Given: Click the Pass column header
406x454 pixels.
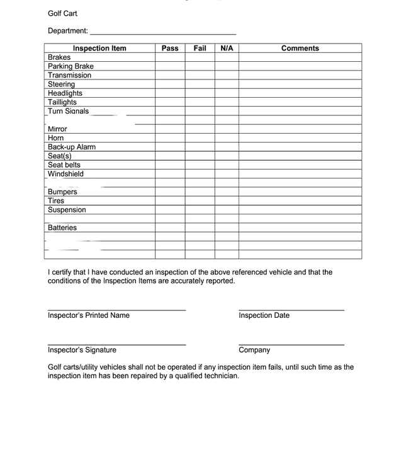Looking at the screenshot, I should pyautogui.click(x=170, y=48).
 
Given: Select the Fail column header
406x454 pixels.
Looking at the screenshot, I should pyautogui.click(x=200, y=48).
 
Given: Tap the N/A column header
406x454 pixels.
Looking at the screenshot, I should pyautogui.click(x=227, y=48).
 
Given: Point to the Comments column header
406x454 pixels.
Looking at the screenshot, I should pyautogui.click(x=300, y=48).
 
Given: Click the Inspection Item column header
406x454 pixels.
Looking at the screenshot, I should pyautogui.click(x=99, y=48).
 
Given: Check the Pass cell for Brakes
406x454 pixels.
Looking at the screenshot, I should pyautogui.click(x=170, y=57).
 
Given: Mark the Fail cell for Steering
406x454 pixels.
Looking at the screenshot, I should pyautogui.click(x=200, y=84).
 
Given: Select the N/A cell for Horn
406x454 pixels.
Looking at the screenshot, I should pyautogui.click(x=227, y=138).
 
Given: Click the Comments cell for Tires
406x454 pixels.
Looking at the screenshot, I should pyautogui.click(x=300, y=201).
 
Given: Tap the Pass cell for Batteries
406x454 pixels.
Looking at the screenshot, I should pyautogui.click(x=170, y=228).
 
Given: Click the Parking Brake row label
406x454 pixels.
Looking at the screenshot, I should pyautogui.click(x=70, y=66).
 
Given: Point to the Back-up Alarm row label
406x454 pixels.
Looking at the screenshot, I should pyautogui.click(x=72, y=147).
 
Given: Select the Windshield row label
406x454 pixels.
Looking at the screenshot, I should pyautogui.click(x=65, y=174).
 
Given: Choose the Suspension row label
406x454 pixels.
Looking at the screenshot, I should pyautogui.click(x=67, y=210).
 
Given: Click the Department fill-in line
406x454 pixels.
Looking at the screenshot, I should pyautogui.click(x=163, y=32).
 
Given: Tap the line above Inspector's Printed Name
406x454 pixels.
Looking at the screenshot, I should pyautogui.click(x=116, y=310).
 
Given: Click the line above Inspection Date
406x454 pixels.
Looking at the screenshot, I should pyautogui.click(x=291, y=310).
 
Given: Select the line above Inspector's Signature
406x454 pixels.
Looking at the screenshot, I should pyautogui.click(x=116, y=344).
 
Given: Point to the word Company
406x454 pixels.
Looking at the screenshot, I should pyautogui.click(x=254, y=350).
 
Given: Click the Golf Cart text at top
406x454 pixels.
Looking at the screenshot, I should pyautogui.click(x=62, y=13).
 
